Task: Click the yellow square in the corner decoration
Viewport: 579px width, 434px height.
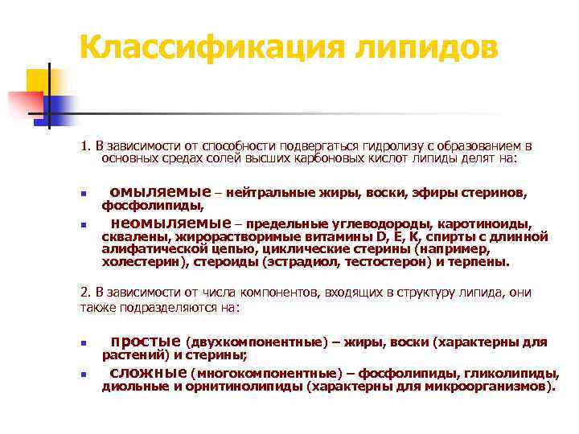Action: click(x=36, y=80)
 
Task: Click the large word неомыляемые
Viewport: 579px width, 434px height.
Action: click(x=170, y=223)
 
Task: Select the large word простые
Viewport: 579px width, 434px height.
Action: click(x=145, y=342)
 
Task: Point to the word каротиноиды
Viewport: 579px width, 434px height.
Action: click(x=491, y=224)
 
